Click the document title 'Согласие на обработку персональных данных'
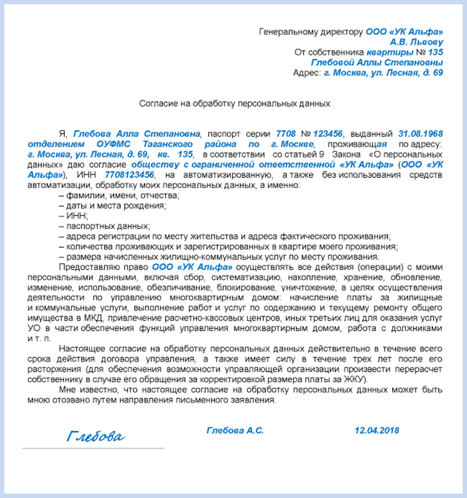[x=235, y=104]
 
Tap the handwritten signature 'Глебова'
[x=96, y=436]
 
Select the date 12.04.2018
[x=377, y=430]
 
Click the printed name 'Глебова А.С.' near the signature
[x=235, y=430]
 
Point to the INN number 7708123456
[x=129, y=175]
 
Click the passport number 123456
[x=328, y=134]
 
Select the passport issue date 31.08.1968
[x=420, y=134]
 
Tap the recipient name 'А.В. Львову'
[x=416, y=42]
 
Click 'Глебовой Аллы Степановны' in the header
[x=377, y=62]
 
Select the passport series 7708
[x=286, y=134]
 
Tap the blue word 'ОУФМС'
[x=113, y=144]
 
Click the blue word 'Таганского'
[x=167, y=144]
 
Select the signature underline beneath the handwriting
[x=93, y=448]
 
